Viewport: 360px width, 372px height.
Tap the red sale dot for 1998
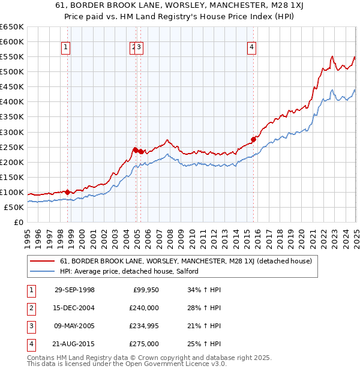pyautogui.click(x=68, y=192)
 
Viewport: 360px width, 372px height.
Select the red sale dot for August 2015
pyautogui.click(x=253, y=139)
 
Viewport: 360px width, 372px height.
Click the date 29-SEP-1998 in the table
pyautogui.click(x=74, y=290)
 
